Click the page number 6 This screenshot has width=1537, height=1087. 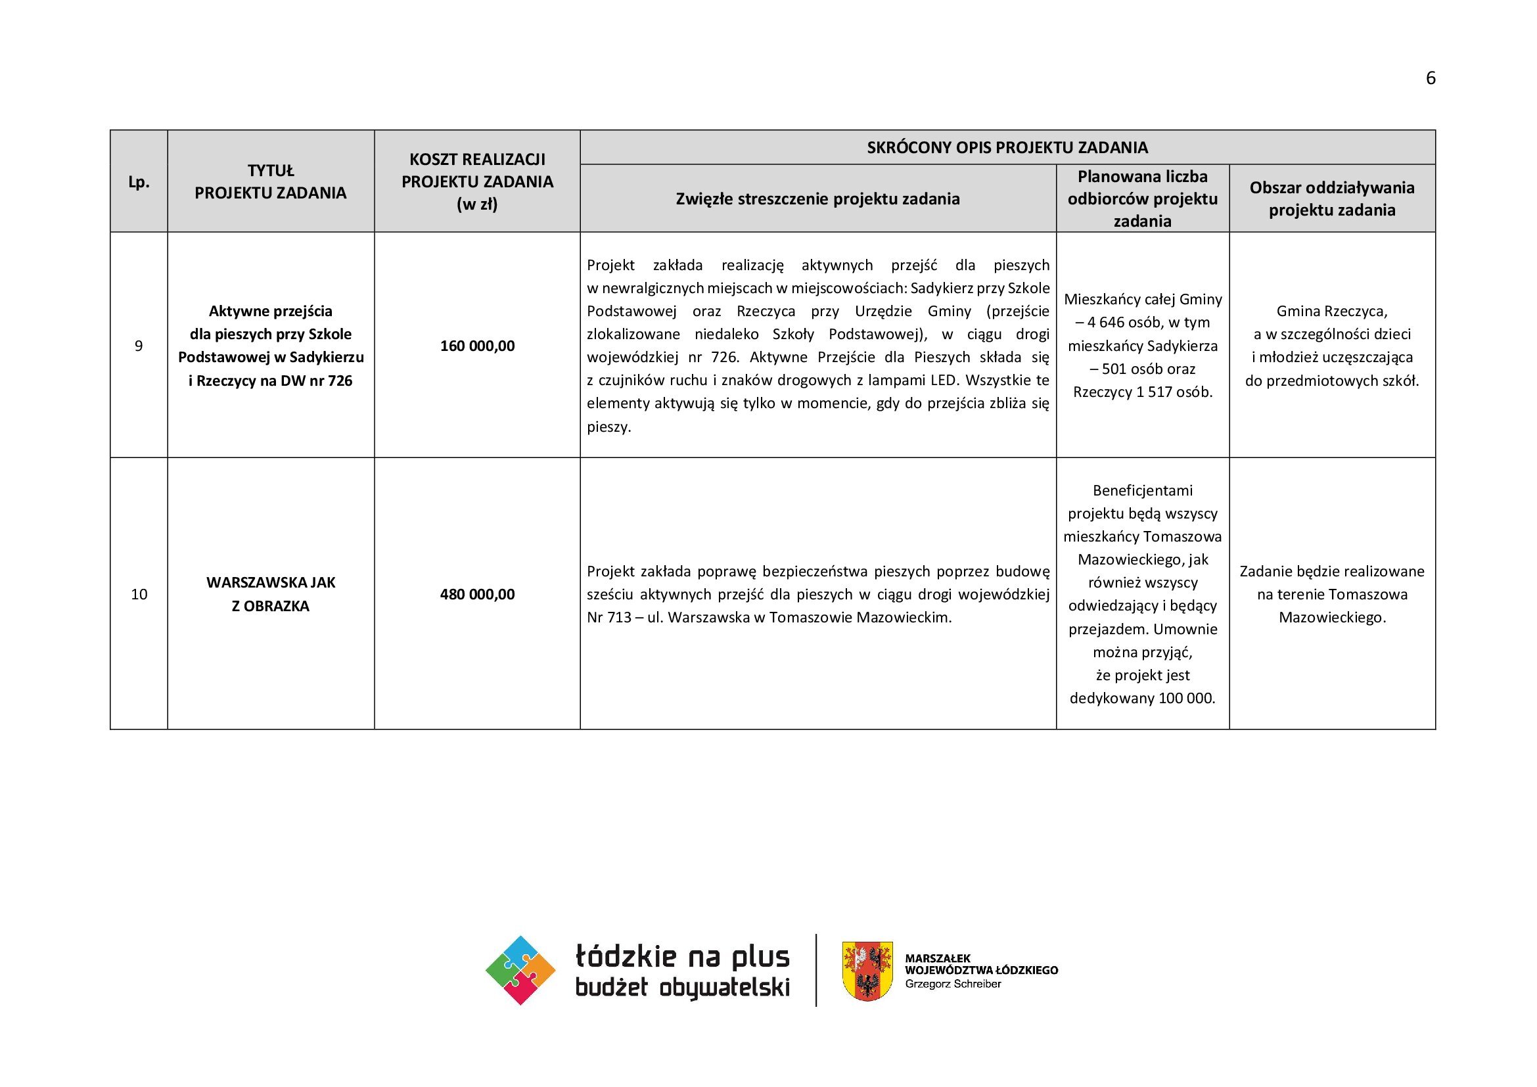1431,78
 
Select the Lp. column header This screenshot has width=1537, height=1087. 139,182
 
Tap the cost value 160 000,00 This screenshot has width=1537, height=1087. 477,346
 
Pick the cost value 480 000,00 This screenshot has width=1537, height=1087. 477,594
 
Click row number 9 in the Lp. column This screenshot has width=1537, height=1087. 139,346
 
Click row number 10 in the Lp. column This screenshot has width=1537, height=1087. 139,594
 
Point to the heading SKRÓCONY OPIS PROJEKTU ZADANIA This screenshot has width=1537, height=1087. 1007,147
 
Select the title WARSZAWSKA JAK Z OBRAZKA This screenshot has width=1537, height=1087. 271,594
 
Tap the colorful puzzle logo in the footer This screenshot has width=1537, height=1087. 520,970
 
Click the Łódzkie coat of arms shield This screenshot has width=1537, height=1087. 867,971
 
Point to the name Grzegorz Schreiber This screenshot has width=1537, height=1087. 953,984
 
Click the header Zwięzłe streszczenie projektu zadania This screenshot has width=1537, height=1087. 817,198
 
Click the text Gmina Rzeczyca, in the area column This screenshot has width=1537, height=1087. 1331,312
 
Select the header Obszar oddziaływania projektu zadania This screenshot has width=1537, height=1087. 1331,198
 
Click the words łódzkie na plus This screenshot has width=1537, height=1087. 682,956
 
